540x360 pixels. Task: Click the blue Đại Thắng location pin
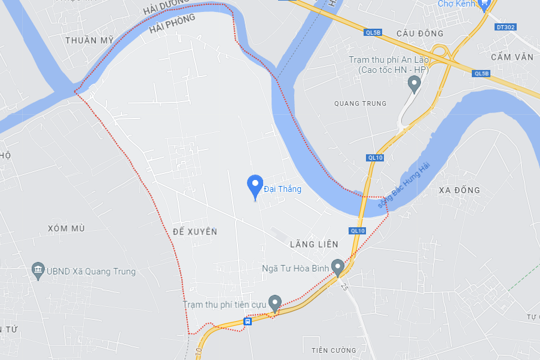tap(255, 187)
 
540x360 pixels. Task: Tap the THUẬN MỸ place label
tap(90, 40)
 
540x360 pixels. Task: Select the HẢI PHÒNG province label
tap(172, 25)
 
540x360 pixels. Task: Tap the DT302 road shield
tap(505, 27)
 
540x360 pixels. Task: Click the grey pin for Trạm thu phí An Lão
tap(414, 84)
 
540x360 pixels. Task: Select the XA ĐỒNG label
tap(459, 190)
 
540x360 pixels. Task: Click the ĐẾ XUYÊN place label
tap(194, 231)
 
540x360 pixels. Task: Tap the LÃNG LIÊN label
tap(313, 244)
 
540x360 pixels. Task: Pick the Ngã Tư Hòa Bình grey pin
tap(338, 267)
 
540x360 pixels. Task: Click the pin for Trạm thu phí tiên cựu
tap(274, 303)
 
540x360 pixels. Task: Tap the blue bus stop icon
tap(248, 321)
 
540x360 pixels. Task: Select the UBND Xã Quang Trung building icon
tap(39, 271)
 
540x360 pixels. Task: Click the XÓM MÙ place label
tap(66, 228)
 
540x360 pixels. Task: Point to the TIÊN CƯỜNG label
tap(334, 350)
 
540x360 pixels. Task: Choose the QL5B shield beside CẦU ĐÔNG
tap(372, 33)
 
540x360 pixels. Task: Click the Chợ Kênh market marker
tap(485, 4)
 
